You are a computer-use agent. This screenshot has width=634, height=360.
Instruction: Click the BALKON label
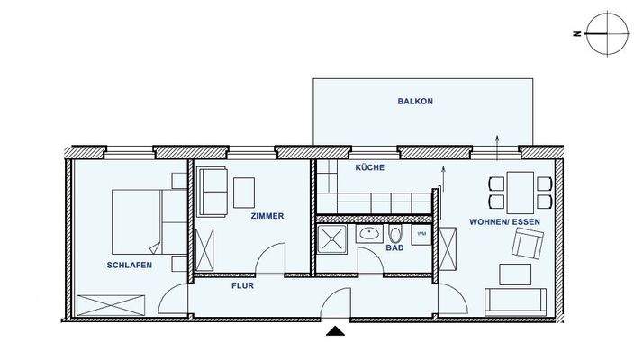tap(415, 102)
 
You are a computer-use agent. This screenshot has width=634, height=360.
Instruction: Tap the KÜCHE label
tap(370, 168)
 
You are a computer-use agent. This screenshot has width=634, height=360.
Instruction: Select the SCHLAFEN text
tap(129, 265)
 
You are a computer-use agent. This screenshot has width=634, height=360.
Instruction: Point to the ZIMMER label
tap(267, 216)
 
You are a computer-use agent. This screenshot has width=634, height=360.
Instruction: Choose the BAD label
tap(394, 247)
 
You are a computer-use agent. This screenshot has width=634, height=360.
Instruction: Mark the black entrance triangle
tap(336, 331)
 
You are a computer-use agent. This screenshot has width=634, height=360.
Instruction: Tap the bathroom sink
tap(367, 234)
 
